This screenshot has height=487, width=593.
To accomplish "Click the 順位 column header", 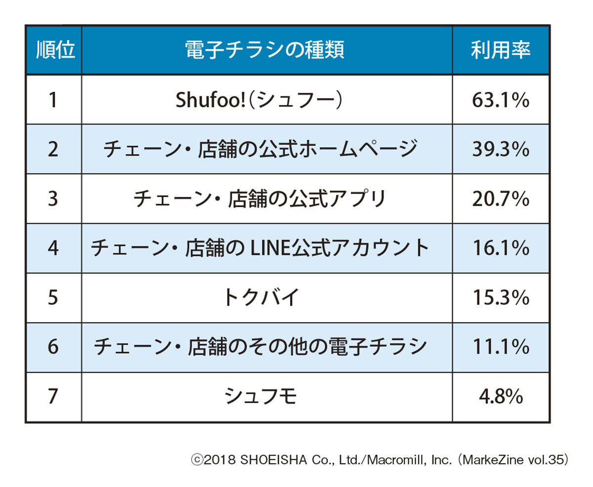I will [53, 50].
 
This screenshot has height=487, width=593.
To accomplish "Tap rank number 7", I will [53, 397].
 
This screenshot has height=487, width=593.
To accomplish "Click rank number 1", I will [53, 100].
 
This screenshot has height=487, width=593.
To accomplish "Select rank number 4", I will [53, 248].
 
